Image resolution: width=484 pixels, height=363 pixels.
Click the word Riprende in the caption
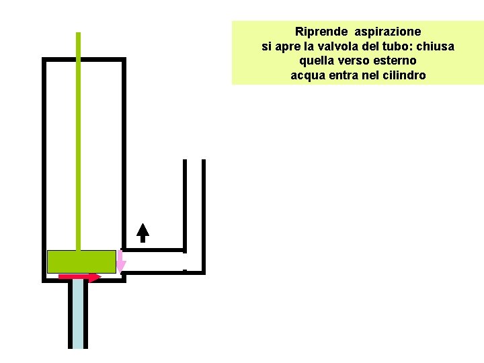pyautogui.click(x=321, y=32)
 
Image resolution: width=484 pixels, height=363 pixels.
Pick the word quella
pyautogui.click(x=316, y=61)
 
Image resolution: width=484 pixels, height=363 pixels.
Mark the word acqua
pyautogui.click(x=306, y=76)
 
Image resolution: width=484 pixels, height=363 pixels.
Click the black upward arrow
pyautogui.click(x=143, y=232)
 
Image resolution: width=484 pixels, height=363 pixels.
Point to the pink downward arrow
pyautogui.click(x=120, y=262)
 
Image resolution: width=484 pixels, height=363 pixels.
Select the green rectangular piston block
pyautogui.click(x=81, y=261)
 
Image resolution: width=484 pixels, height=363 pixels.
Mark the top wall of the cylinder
pyautogui.click(x=84, y=60)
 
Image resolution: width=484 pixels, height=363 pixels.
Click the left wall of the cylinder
pyautogui.click(x=44, y=168)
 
